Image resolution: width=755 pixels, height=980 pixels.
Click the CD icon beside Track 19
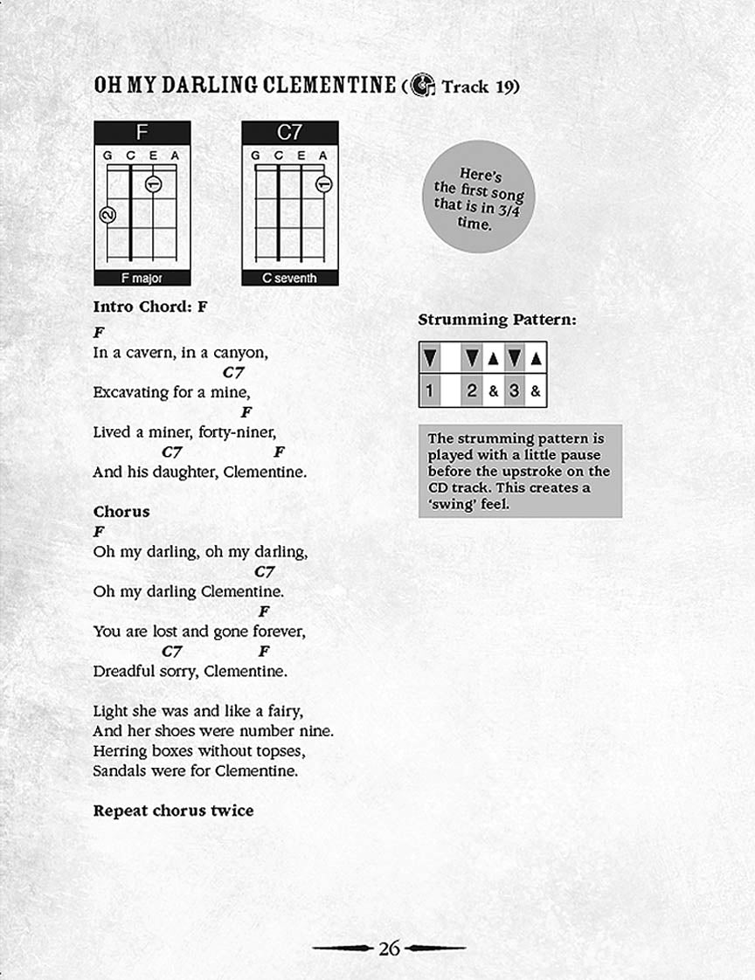click(x=423, y=86)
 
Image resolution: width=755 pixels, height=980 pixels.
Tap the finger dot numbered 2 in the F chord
click(x=108, y=214)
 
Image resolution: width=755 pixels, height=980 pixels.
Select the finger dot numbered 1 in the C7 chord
click(x=323, y=184)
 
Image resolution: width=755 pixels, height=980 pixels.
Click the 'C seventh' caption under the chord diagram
click(x=289, y=278)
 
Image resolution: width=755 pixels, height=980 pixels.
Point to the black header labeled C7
click(x=289, y=133)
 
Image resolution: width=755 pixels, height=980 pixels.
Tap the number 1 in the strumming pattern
click(x=429, y=391)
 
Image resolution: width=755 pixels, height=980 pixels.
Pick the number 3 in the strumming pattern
click(x=514, y=391)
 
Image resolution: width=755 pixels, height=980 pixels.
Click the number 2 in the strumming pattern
click(x=472, y=391)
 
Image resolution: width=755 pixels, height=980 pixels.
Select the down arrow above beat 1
click(x=429, y=358)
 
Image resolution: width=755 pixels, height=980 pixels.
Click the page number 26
click(x=390, y=948)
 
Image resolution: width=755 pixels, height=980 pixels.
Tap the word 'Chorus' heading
click(x=121, y=512)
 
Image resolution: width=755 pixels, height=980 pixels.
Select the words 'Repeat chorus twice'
click(x=173, y=811)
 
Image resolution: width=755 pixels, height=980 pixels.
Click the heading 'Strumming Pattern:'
click(x=497, y=320)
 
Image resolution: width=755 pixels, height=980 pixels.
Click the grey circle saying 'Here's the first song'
click(x=478, y=197)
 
